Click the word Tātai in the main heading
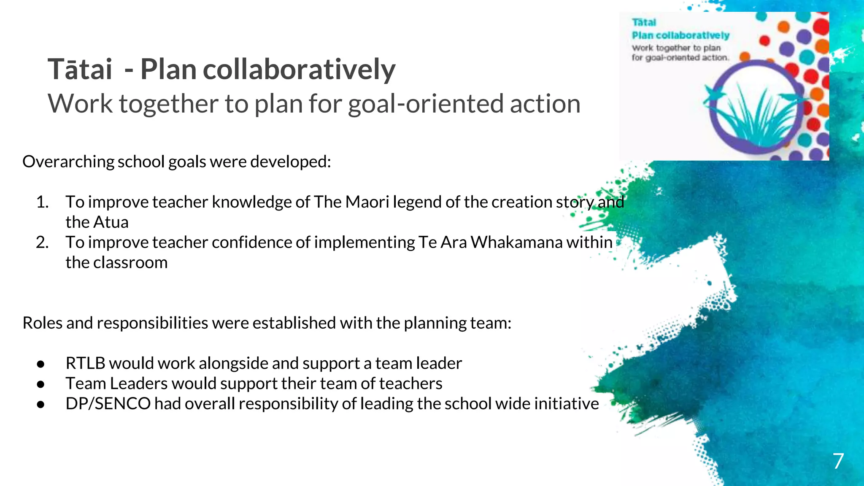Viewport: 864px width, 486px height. [x=80, y=70]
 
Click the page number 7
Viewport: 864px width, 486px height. [x=838, y=461]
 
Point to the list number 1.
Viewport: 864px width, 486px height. [x=42, y=202]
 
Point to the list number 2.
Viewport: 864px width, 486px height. [x=42, y=243]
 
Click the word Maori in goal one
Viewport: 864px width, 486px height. [x=367, y=202]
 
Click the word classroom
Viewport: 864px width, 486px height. [x=130, y=263]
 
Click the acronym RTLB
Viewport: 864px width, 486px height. [x=85, y=364]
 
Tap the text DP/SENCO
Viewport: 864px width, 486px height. [x=108, y=404]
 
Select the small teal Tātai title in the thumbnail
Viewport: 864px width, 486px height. [x=644, y=23]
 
